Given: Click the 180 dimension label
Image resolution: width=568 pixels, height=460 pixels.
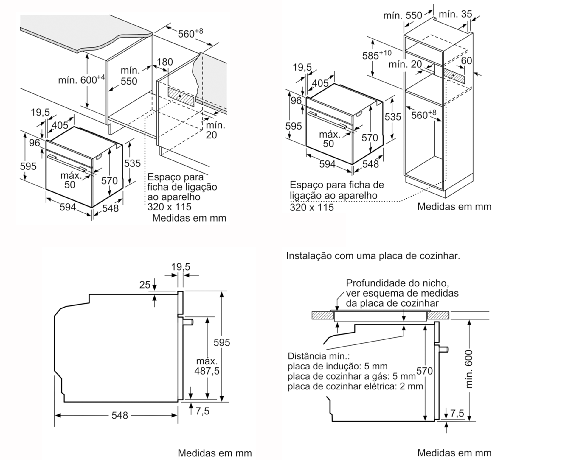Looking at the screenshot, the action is [x=165, y=62].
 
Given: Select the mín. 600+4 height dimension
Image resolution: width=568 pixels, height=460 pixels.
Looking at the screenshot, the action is [x=81, y=80].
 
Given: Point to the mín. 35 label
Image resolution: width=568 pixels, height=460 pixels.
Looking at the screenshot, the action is [x=455, y=14].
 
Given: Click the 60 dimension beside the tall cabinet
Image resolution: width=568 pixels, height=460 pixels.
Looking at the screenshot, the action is [x=466, y=60].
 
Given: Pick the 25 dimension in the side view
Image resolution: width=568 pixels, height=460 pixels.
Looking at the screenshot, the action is [x=145, y=285].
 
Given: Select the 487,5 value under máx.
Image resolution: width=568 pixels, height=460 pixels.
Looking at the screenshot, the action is [x=207, y=371].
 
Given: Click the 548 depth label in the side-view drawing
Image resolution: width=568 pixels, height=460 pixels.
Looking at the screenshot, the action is [x=120, y=415].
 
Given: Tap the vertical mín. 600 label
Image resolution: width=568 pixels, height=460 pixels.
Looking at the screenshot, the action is [x=469, y=369].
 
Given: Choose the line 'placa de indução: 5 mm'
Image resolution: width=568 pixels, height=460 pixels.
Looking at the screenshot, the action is [x=337, y=366].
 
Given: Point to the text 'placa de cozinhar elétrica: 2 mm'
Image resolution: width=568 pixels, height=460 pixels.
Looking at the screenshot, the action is [x=355, y=386].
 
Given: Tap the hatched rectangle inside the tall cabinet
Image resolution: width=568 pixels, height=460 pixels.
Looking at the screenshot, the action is [x=454, y=76].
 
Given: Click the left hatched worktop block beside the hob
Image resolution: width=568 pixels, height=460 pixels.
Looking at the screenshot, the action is [x=322, y=315].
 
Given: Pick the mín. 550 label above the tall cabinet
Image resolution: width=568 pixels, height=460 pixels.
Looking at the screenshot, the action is [x=403, y=15].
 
